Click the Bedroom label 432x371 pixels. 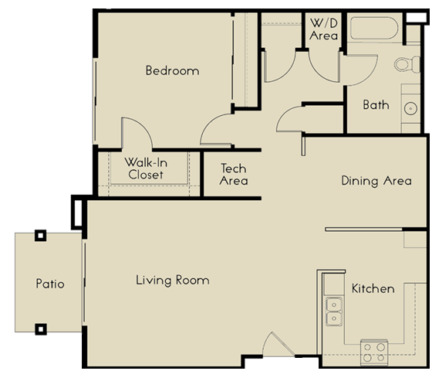[x=172, y=70]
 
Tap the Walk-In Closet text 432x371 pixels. [x=146, y=168]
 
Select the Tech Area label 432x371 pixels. [x=233, y=174]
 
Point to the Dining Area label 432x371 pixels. [x=376, y=181]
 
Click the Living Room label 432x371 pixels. [x=172, y=280]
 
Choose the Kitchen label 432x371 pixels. [x=373, y=288]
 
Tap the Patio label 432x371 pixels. [x=50, y=284]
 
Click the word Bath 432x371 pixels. [x=376, y=104]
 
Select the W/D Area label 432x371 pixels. [x=324, y=29]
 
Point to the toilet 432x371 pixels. [x=405, y=64]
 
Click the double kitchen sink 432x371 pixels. [x=335, y=311]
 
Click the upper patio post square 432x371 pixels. [x=41, y=236]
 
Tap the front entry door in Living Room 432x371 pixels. [x=275, y=345]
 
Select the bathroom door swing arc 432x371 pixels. [x=291, y=120]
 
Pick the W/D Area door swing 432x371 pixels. [x=326, y=66]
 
